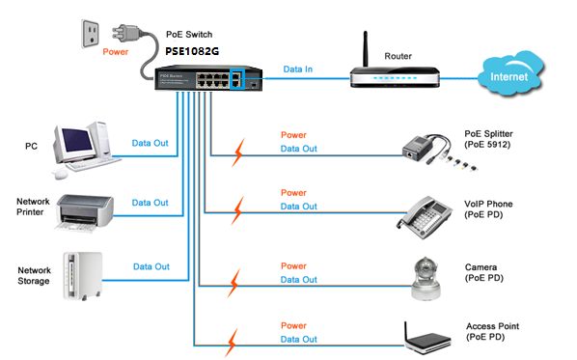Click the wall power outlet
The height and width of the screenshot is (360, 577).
tap(90, 34)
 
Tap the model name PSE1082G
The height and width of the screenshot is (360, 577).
tap(192, 51)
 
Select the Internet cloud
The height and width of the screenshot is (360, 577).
tap(510, 73)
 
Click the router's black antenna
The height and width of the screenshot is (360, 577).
tap(366, 49)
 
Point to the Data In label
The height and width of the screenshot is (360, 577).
tap(298, 69)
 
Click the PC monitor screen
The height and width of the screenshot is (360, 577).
tap(77, 140)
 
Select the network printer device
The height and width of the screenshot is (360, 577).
tap(85, 212)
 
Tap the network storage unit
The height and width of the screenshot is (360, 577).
tap(83, 276)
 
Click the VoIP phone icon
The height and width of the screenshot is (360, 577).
tap(425, 217)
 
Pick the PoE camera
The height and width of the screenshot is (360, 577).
tap(426, 279)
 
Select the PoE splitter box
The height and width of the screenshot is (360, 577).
tap(415, 148)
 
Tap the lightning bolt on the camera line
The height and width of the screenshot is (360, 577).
tap(234, 283)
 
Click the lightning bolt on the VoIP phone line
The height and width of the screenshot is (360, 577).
tap(237, 210)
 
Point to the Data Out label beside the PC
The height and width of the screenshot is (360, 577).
tap(150, 143)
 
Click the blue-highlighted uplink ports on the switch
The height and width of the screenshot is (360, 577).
tap(237, 79)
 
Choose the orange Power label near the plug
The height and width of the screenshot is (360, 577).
tap(115, 52)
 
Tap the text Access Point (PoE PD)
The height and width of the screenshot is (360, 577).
tap(492, 332)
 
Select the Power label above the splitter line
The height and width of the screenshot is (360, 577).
tap(293, 135)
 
